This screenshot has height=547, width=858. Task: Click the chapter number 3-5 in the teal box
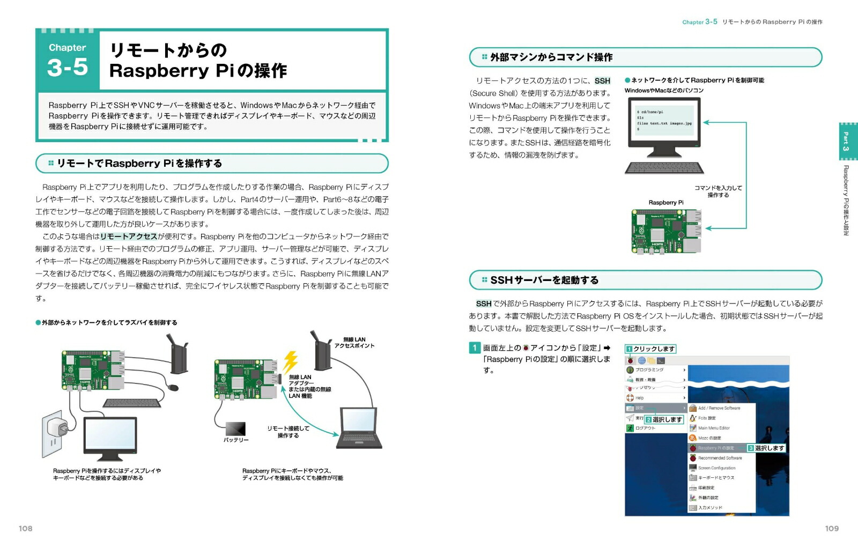click(x=68, y=68)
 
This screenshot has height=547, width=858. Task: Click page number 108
click(x=25, y=528)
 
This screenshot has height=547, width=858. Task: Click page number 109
click(x=831, y=528)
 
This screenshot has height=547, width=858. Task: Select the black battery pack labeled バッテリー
click(x=235, y=428)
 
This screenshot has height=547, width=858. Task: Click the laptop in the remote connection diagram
click(x=359, y=428)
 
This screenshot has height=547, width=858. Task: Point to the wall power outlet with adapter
click(x=57, y=430)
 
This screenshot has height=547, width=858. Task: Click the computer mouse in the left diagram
click(x=173, y=387)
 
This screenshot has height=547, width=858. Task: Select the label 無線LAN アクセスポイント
click(x=354, y=343)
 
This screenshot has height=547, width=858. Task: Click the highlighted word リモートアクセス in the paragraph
click(x=129, y=236)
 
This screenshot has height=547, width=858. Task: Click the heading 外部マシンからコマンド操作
click(x=551, y=57)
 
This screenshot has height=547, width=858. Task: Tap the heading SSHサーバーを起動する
click(x=544, y=280)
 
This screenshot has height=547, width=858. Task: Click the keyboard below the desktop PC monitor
click(x=664, y=168)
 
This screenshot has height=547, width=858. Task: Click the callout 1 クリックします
click(x=650, y=349)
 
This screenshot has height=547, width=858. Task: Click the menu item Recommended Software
click(x=720, y=458)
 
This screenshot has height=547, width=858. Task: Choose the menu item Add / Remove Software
click(x=719, y=408)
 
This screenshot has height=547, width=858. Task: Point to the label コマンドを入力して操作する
click(x=718, y=191)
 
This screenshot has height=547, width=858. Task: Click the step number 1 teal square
click(x=474, y=348)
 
